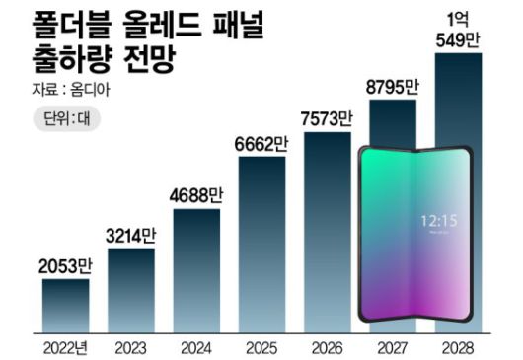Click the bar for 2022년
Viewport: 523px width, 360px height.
pos(65,306)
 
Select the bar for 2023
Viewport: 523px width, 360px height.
pos(130,291)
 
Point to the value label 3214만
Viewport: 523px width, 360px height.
pos(130,236)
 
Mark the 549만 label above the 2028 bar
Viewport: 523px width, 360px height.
pos(458,40)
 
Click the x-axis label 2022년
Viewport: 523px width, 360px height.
pos(65,347)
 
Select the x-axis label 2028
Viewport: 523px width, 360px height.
pos(458,347)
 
